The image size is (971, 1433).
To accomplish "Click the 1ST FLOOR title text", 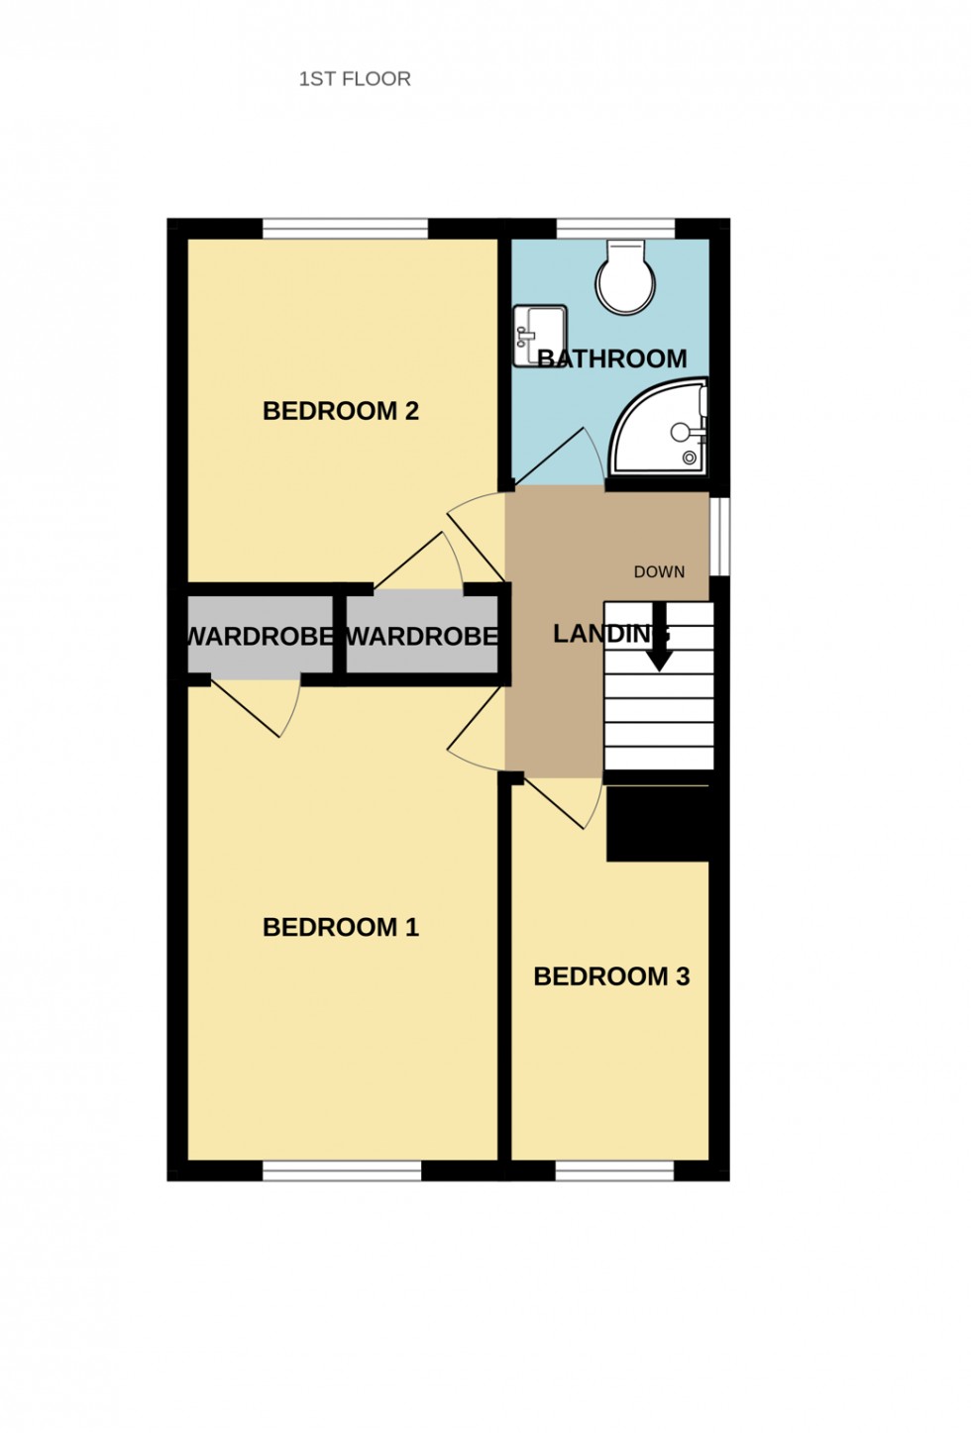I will (355, 79).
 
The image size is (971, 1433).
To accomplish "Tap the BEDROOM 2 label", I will (340, 411).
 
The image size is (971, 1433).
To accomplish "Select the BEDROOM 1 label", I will (340, 928).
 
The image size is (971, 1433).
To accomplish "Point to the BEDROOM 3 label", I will (610, 977).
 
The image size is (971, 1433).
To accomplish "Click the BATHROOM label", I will (612, 358).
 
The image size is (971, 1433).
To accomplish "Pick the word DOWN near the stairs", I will (659, 572).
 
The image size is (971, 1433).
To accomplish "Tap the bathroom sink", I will (539, 334).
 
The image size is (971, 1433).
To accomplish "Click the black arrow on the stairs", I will (659, 648).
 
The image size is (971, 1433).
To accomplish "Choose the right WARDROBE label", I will (421, 636).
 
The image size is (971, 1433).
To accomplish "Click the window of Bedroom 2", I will (345, 229).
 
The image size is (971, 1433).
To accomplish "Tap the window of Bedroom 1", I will (342, 1172).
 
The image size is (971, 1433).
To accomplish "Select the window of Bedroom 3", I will (614, 1172).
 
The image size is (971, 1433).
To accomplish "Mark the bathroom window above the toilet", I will (615, 229).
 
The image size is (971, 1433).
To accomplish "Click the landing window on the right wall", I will (720, 535).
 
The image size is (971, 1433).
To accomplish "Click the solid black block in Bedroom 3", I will (658, 824).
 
